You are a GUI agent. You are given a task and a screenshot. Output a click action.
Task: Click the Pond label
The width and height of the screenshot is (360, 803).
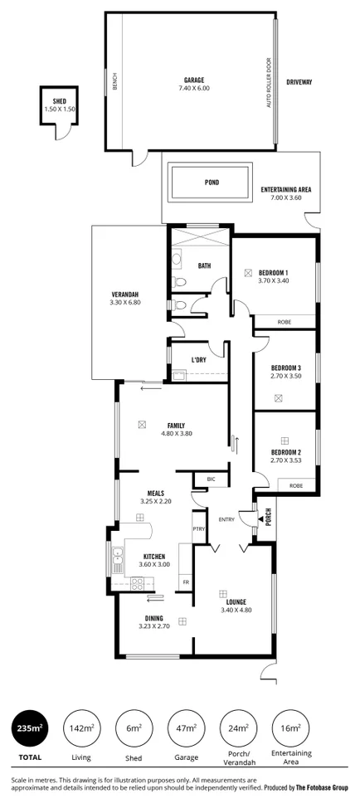point(212,182)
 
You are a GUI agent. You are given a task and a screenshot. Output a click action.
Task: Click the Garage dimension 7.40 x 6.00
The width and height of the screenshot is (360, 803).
point(194,88)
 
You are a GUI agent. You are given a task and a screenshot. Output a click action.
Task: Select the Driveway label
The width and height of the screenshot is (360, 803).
point(299,82)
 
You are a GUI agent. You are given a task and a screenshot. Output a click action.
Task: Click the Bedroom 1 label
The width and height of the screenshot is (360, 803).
point(273,273)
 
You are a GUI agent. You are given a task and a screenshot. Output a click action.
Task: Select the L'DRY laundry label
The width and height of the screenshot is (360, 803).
point(198,359)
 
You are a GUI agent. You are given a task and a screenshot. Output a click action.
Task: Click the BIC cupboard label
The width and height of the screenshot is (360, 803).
point(211,479)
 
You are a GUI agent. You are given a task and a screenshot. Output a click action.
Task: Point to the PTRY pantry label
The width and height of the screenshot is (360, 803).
point(199,528)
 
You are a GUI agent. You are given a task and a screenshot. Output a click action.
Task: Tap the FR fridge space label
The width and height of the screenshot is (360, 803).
point(186,582)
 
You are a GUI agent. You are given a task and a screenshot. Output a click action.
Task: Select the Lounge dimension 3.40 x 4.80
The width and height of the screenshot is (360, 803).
point(233,611)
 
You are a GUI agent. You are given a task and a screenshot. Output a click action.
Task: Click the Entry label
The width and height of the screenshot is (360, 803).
point(226,520)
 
